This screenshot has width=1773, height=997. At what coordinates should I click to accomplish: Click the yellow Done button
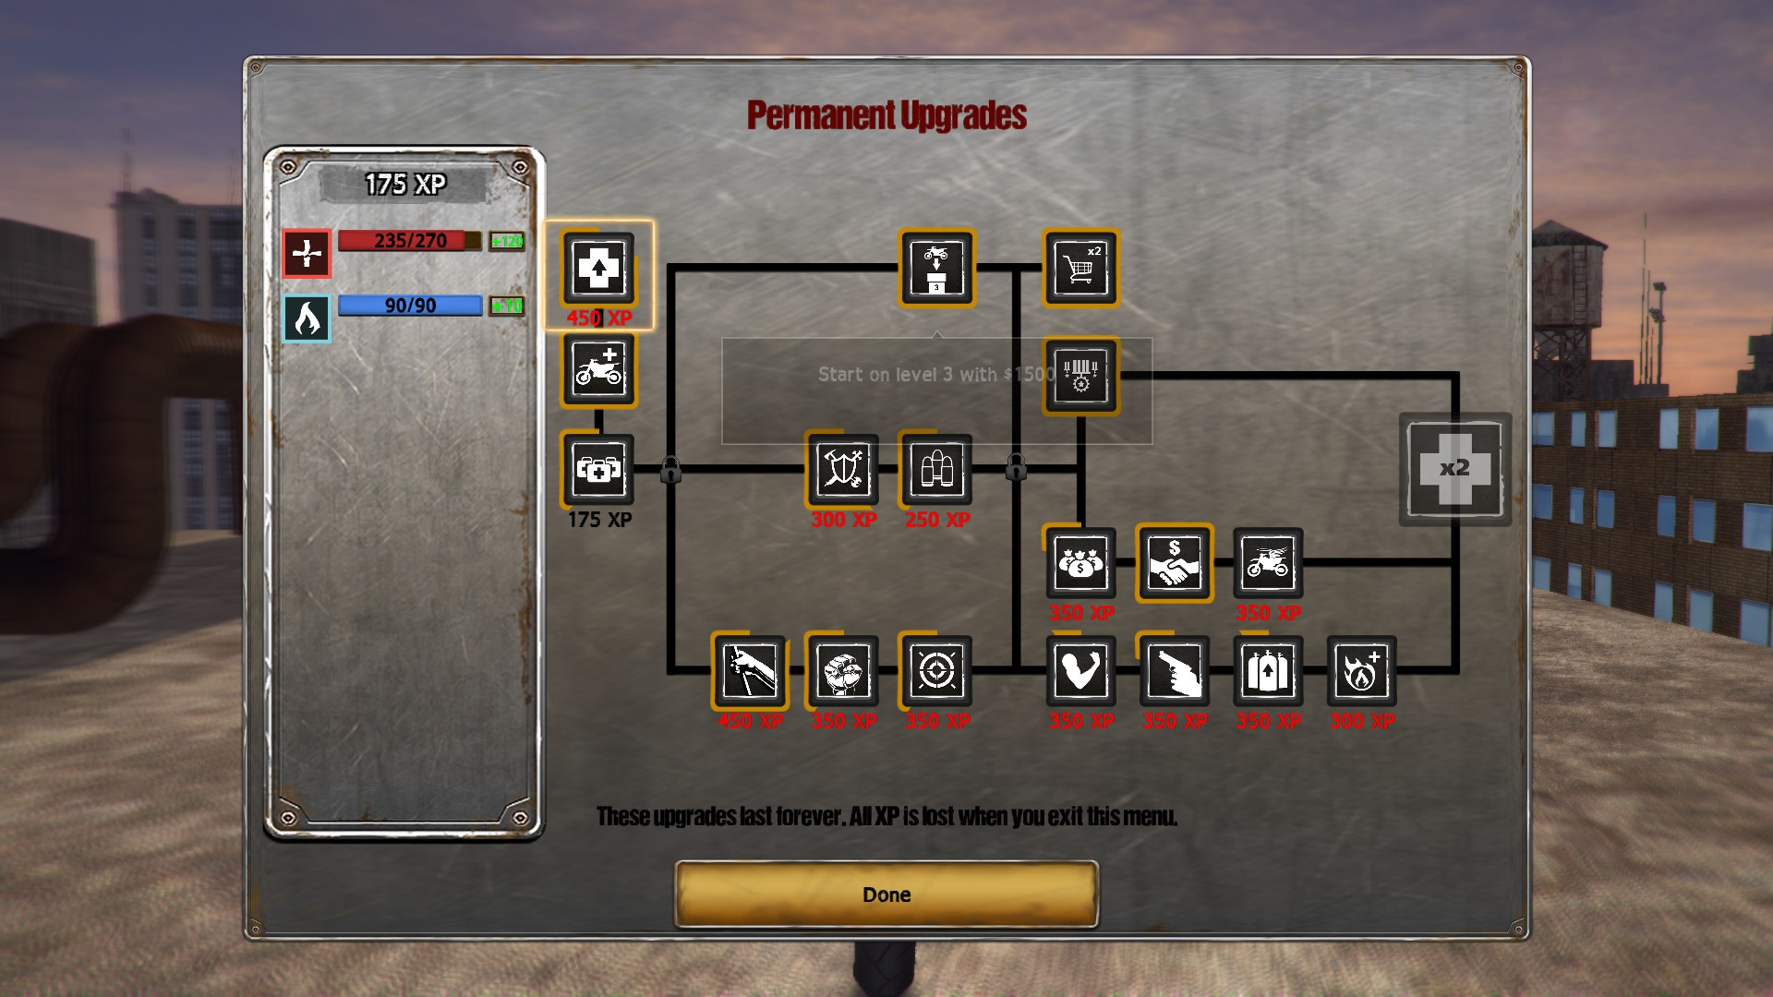(886, 894)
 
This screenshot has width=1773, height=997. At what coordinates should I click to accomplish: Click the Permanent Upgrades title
(886, 115)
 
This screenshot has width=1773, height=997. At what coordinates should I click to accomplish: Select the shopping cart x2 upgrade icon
(1080, 268)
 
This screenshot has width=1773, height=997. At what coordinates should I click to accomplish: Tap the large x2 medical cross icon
(1454, 469)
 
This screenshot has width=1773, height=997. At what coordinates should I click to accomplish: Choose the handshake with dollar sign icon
(1174, 563)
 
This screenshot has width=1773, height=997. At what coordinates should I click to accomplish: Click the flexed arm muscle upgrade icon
(1080, 671)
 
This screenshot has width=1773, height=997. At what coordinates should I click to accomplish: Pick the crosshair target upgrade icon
(936, 671)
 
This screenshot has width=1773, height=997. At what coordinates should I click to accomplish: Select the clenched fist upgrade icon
(842, 671)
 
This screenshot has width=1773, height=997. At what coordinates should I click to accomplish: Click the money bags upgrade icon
(1080, 563)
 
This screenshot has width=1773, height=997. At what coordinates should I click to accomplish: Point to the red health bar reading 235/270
(409, 241)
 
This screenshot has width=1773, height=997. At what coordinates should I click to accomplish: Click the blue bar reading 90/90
(409, 306)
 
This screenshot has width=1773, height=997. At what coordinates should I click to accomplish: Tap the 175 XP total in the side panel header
(404, 185)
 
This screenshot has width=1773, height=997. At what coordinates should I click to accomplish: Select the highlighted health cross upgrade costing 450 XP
(598, 269)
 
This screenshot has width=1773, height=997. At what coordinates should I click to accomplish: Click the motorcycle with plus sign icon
(598, 370)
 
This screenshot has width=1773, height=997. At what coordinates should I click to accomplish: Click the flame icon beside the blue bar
(307, 318)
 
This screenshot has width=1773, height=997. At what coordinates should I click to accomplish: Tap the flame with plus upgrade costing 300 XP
(1361, 671)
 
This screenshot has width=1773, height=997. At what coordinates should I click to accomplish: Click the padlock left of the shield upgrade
(671, 470)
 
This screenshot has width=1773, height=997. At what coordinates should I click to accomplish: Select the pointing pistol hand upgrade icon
(1174, 671)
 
